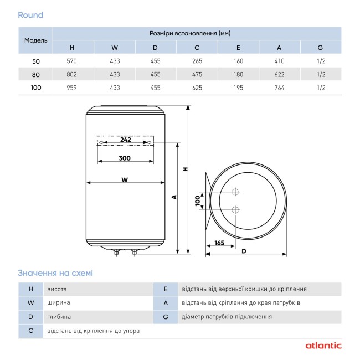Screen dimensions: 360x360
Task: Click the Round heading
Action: click(30, 15)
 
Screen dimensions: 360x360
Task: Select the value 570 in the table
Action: click(71, 61)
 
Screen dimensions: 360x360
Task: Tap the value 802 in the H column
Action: click(71, 74)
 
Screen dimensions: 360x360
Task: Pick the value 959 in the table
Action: click(71, 88)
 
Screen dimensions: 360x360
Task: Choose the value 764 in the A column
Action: click(279, 88)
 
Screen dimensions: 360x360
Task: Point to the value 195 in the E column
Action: click(238, 88)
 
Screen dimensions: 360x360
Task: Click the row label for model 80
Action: click(36, 74)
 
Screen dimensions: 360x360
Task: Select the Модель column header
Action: click(36, 40)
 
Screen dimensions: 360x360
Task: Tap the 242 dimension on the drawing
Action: click(125, 140)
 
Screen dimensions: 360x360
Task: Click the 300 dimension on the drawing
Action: click(125, 158)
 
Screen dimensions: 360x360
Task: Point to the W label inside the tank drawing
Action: click(125, 179)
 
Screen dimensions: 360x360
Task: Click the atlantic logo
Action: click(323, 346)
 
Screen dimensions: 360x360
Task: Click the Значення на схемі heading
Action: click(55, 272)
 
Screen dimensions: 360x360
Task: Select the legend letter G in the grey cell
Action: click(166, 317)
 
